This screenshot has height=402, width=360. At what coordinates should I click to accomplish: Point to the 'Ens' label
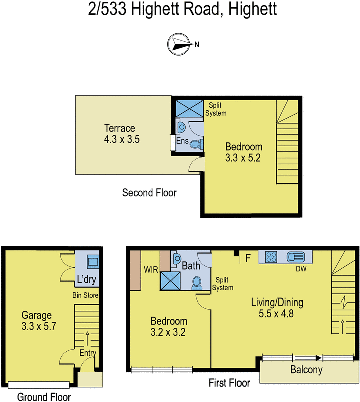(181, 142)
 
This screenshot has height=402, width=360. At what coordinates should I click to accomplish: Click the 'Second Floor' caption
(149, 192)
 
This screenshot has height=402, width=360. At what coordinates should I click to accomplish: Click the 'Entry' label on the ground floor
(88, 353)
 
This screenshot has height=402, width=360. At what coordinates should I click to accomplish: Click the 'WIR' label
(152, 270)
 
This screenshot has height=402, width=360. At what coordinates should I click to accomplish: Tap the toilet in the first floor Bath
(197, 283)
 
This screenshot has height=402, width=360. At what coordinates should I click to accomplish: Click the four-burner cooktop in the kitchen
(271, 257)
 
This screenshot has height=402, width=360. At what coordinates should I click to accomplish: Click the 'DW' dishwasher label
(301, 269)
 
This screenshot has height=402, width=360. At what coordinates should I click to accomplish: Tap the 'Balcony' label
(306, 371)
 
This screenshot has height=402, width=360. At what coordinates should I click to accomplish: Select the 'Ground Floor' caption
(44, 397)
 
